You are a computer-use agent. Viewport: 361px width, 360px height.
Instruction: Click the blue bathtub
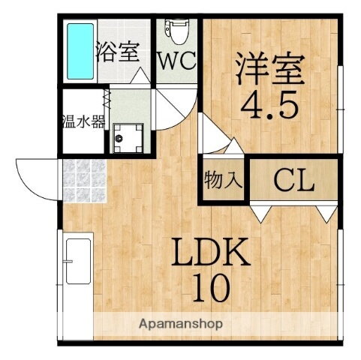[77, 50]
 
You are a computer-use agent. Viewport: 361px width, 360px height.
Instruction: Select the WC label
[177, 61]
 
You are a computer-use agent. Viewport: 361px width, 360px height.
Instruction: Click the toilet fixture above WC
[177, 28]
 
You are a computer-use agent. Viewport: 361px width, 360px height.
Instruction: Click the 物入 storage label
[222, 180]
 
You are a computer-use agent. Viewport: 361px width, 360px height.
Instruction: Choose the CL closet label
[293, 180]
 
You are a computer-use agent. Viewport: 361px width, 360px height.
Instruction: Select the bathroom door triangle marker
[140, 77]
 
